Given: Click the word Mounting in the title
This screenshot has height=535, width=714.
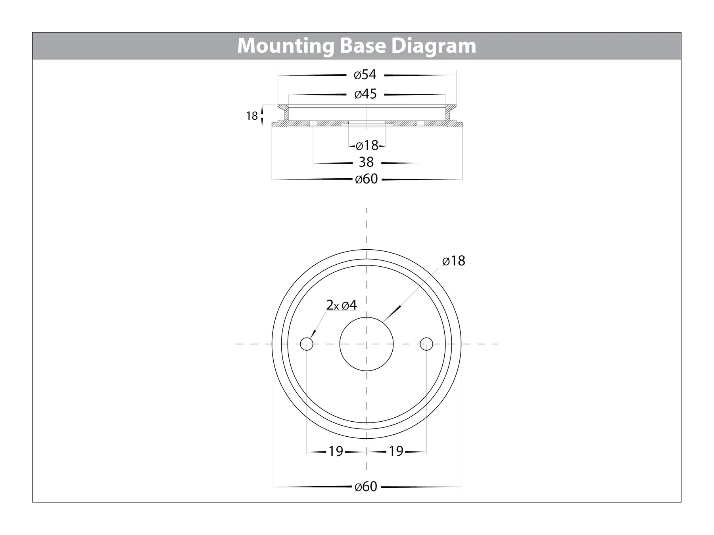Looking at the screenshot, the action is tap(286, 46).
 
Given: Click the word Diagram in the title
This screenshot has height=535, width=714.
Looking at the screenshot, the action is tap(434, 46).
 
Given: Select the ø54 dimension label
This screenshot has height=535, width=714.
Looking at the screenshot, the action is tap(365, 75).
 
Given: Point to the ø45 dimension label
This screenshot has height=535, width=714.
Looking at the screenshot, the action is tap(365, 94).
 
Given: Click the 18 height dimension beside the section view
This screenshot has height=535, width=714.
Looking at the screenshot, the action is tap(252, 116).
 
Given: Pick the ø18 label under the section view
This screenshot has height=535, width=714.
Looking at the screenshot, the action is tap(367, 146).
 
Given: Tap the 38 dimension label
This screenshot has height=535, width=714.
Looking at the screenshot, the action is tap(366, 162).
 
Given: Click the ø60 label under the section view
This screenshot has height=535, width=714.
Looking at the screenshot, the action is tap(367, 179).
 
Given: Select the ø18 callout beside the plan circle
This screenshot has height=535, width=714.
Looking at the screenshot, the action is tap(453, 261).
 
